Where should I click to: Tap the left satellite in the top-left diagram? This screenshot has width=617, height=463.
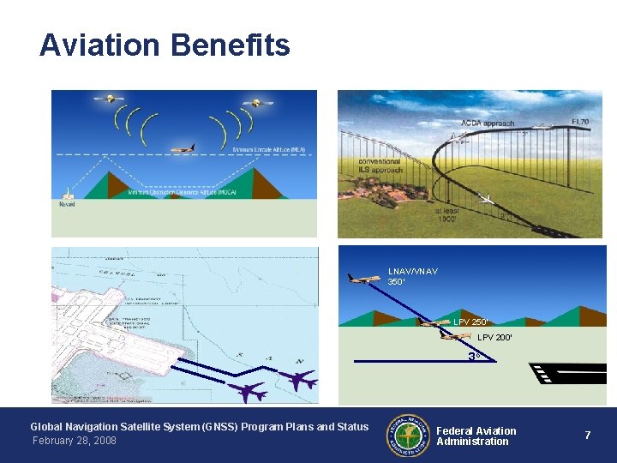click(x=108, y=99)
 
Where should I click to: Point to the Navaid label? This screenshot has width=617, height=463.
click(x=67, y=205)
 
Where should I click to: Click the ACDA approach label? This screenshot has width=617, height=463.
click(x=488, y=123)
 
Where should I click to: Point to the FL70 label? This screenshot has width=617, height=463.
click(x=581, y=123)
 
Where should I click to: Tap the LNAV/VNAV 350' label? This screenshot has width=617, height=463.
click(x=412, y=276)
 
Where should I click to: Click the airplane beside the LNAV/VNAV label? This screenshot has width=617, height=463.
click(x=364, y=278)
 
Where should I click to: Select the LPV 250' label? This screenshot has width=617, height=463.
click(x=470, y=322)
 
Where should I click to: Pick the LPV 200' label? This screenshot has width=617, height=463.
click(x=494, y=338)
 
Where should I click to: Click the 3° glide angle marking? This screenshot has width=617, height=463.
click(x=472, y=356)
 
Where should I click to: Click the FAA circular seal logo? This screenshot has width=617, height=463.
click(x=407, y=436)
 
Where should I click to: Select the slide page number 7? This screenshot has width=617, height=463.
click(x=588, y=436)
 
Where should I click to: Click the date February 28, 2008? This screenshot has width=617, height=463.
click(x=74, y=441)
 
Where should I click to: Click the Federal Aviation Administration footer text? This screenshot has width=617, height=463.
click(x=476, y=436)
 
